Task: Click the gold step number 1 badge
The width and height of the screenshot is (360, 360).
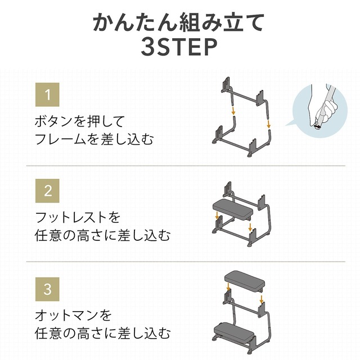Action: (x=48, y=96)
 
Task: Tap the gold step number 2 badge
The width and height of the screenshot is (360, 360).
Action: (x=48, y=191)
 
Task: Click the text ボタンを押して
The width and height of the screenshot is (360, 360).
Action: (x=79, y=121)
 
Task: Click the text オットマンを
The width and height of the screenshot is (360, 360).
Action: (x=73, y=313)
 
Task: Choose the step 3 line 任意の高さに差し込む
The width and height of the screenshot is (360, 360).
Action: (x=101, y=332)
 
